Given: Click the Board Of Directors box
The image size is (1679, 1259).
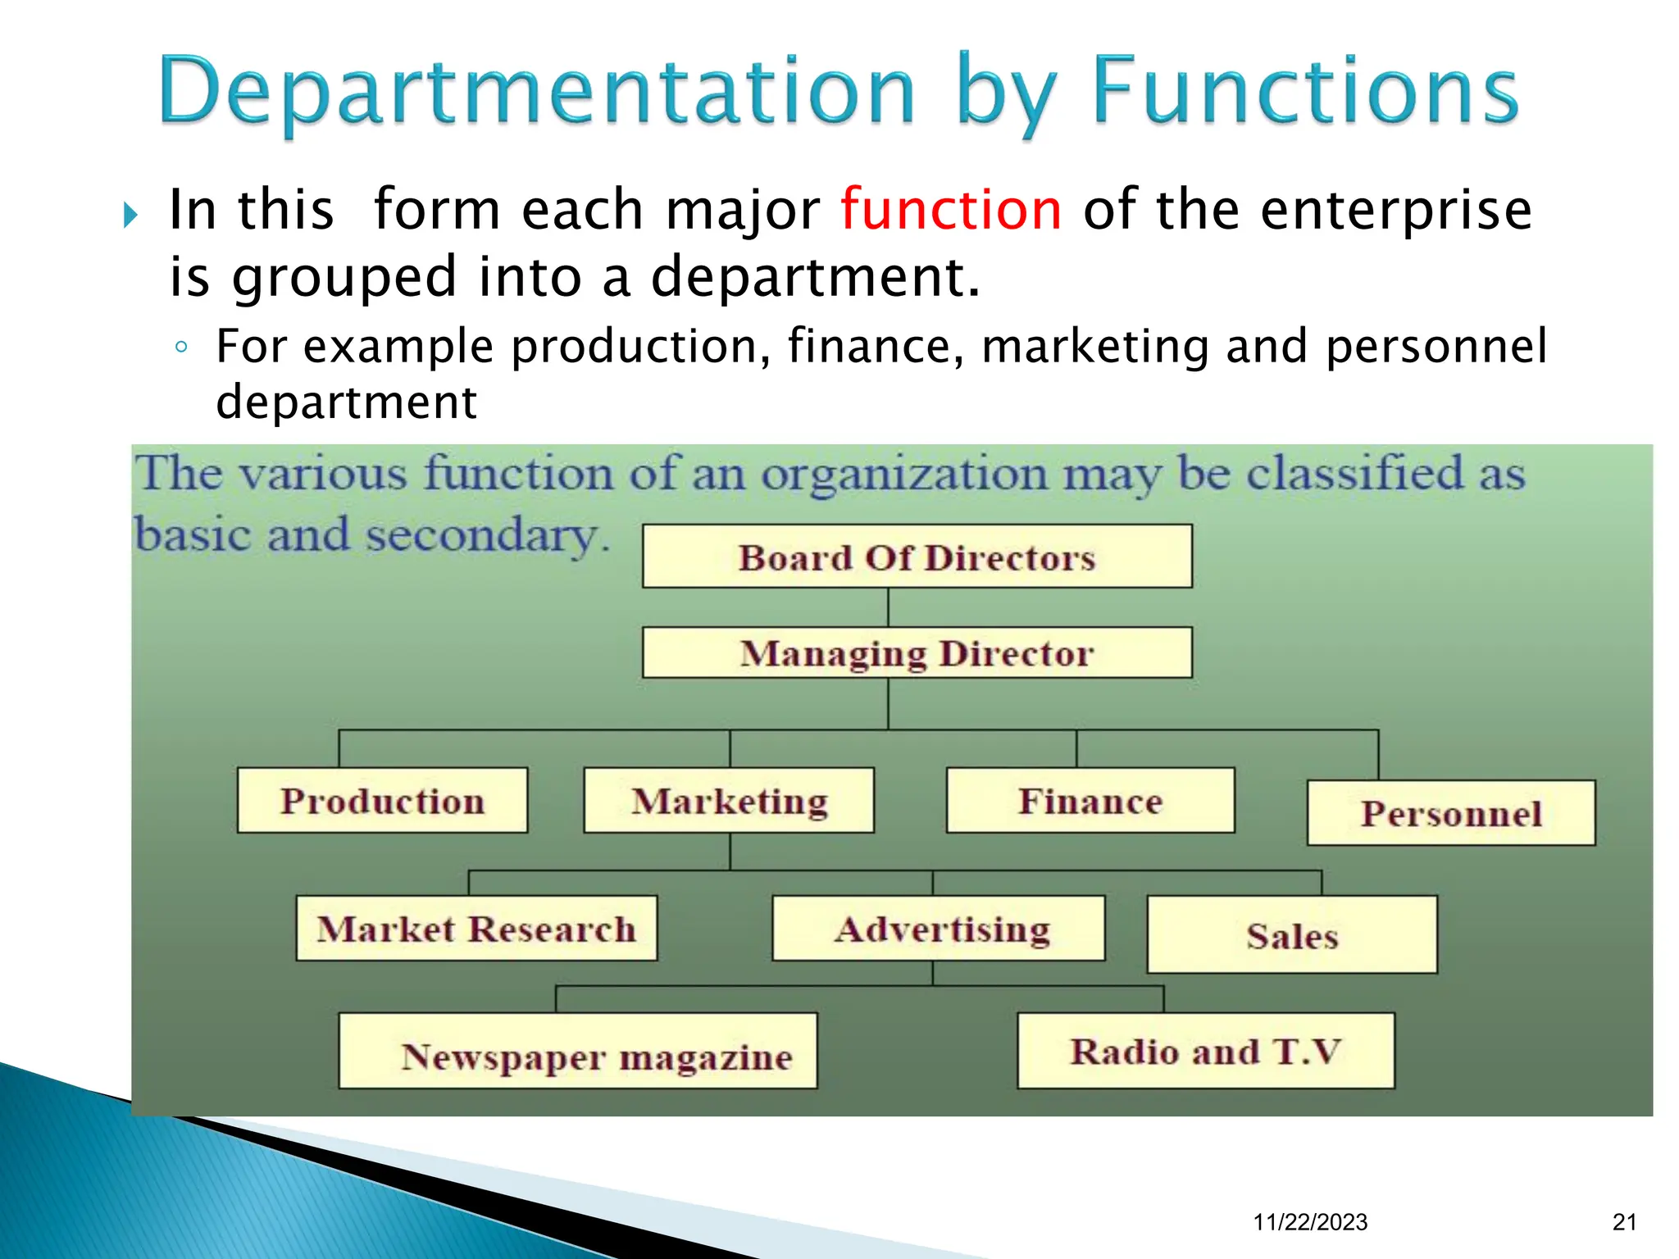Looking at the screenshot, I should click(917, 557).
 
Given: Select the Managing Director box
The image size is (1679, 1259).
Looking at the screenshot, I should click(917, 652).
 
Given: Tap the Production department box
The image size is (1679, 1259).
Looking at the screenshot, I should click(382, 801).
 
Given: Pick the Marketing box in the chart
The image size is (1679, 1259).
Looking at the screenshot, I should click(729, 801).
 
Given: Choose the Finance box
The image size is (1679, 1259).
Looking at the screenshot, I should click(1090, 801).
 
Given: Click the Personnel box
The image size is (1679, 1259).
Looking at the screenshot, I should click(1450, 813).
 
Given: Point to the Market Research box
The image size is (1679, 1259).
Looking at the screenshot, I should click(476, 929).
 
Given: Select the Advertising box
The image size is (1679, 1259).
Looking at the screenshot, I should click(939, 929).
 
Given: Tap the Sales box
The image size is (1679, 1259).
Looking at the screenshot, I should click(1291, 934).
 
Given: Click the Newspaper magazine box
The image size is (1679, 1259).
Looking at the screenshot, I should click(578, 1052).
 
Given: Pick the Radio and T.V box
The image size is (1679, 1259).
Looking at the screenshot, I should click(1205, 1051).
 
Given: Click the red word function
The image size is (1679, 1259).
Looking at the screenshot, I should click(951, 210).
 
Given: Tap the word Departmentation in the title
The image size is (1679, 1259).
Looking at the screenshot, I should click(537, 92).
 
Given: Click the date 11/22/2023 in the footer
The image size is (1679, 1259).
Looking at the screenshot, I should click(1310, 1222).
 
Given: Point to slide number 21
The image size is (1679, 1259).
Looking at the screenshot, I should click(1624, 1222).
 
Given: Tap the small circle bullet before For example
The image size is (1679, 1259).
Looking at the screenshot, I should click(182, 347).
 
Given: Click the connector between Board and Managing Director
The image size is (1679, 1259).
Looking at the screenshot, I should click(888, 607).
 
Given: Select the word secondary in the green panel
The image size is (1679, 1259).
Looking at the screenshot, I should click(484, 535).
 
